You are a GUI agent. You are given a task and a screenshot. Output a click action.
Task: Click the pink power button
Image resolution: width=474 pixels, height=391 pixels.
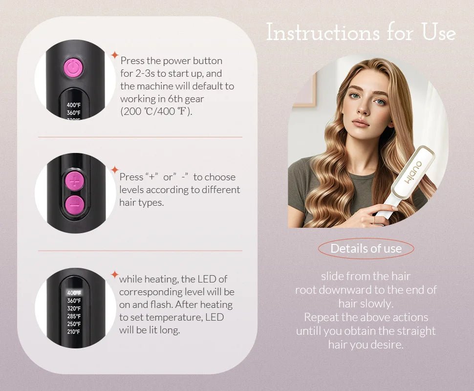click(72, 68)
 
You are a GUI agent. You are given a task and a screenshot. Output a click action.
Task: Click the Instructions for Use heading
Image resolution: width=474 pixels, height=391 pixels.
click(361, 33)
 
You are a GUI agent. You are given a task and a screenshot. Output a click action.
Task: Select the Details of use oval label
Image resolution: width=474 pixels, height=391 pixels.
click(366, 248)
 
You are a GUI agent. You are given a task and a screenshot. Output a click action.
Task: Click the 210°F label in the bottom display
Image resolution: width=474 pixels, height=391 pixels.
click(74, 332)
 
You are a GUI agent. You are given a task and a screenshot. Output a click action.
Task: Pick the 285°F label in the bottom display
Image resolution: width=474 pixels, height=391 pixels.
click(74, 316)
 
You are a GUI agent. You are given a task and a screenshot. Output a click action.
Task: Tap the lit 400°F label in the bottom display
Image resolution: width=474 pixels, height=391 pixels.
click(74, 293)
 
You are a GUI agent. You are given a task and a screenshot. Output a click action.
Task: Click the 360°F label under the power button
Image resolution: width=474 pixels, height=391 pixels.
click(74, 113)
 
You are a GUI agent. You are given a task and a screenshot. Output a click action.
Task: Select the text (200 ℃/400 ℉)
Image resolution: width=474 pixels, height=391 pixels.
click(156, 111)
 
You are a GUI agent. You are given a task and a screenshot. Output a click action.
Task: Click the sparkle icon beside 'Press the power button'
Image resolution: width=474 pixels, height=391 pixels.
click(114, 55)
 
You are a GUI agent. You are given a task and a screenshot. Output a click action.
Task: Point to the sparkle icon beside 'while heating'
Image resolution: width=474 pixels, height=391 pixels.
click(114, 275)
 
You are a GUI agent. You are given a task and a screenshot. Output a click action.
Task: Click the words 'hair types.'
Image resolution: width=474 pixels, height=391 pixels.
click(141, 202)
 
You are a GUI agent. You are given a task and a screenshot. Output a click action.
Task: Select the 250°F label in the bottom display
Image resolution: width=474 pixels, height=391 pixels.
click(74, 324)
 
